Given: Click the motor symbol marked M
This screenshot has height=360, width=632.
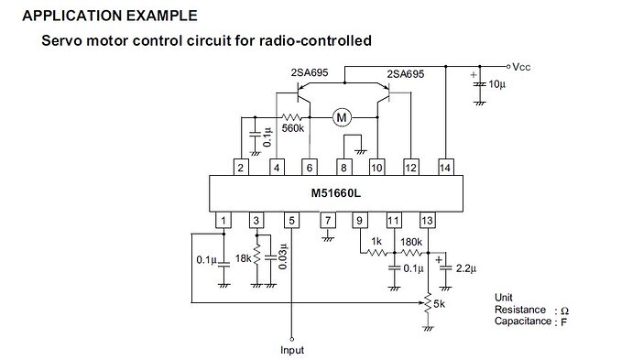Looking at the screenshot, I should click(342, 116).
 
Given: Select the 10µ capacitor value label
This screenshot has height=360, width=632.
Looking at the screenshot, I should click(495, 84).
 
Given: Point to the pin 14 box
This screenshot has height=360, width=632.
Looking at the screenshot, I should click(446, 168).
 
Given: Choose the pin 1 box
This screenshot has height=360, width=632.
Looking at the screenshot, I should click(223, 220).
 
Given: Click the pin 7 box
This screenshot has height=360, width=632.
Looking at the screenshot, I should click(326, 220).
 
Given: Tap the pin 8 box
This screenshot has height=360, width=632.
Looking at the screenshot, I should click(343, 168).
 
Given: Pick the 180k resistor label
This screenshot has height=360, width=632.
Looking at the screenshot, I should click(412, 241).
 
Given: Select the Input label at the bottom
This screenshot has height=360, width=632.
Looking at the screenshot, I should click(291, 350).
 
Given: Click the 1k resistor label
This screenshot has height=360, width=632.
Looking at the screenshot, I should click(376, 241).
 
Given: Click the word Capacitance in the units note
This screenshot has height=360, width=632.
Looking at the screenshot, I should click(522, 321).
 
